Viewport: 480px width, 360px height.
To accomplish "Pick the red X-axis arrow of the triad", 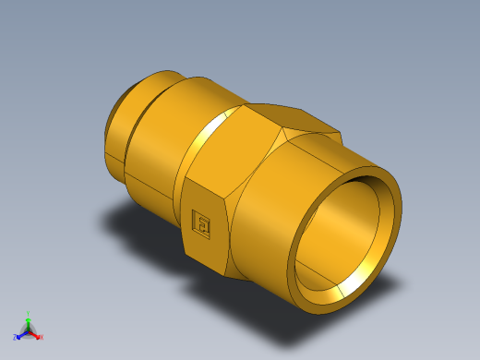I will click(x=36, y=334).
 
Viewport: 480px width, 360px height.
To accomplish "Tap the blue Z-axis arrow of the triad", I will click(x=21, y=333).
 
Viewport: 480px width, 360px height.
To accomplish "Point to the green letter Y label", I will click(x=29, y=313).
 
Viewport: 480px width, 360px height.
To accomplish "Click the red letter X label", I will click(x=42, y=337).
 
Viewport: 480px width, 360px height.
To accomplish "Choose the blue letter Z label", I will click(x=16, y=337).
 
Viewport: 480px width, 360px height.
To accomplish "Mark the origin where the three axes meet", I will click(x=29, y=329).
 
